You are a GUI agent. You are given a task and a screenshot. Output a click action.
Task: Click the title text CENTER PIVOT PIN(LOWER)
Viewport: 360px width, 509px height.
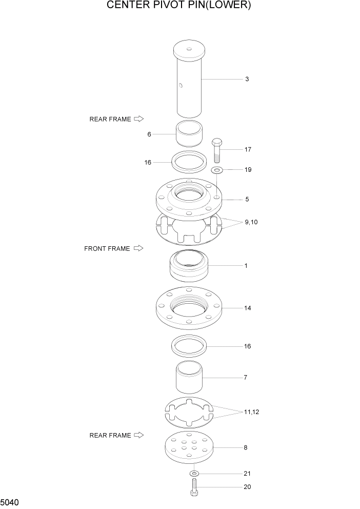coord(179,6)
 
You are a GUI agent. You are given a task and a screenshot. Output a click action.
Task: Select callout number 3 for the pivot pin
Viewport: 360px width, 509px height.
coord(247,79)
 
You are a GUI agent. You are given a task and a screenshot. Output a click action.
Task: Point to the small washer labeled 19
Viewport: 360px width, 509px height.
coord(217,170)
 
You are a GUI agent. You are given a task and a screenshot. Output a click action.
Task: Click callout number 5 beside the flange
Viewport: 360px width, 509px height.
coord(247,199)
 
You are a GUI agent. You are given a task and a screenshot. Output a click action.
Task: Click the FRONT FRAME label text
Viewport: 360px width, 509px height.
coord(107,249)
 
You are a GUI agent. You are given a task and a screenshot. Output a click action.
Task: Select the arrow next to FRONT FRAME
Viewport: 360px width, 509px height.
coord(138,248)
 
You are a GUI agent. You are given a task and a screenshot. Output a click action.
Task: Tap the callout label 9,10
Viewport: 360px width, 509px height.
coord(251,222)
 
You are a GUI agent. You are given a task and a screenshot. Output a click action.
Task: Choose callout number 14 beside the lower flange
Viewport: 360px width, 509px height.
coord(247,308)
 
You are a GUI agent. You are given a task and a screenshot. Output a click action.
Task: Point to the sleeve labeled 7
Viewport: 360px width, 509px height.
coord(190,378)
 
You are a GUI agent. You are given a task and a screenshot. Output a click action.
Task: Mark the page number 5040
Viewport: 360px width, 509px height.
coord(10,501)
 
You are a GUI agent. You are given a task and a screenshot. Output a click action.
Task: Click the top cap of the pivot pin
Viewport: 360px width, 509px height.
coord(189,50)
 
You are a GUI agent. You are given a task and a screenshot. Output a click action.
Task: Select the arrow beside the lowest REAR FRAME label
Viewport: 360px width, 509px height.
coord(138,435)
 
